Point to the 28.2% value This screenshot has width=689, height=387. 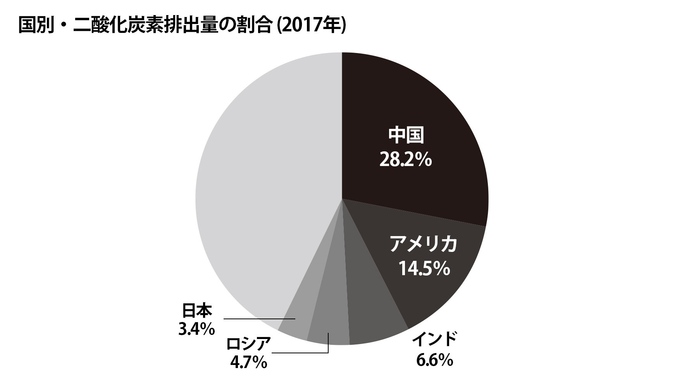405,159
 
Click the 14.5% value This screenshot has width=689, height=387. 424,268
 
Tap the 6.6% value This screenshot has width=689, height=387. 434,360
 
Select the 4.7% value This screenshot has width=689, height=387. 248,363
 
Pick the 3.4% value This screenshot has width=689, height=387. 196,329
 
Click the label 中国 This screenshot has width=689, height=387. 406,135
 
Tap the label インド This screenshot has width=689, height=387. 434,339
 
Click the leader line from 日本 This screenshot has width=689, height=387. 260,319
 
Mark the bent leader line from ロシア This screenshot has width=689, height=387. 302,353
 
